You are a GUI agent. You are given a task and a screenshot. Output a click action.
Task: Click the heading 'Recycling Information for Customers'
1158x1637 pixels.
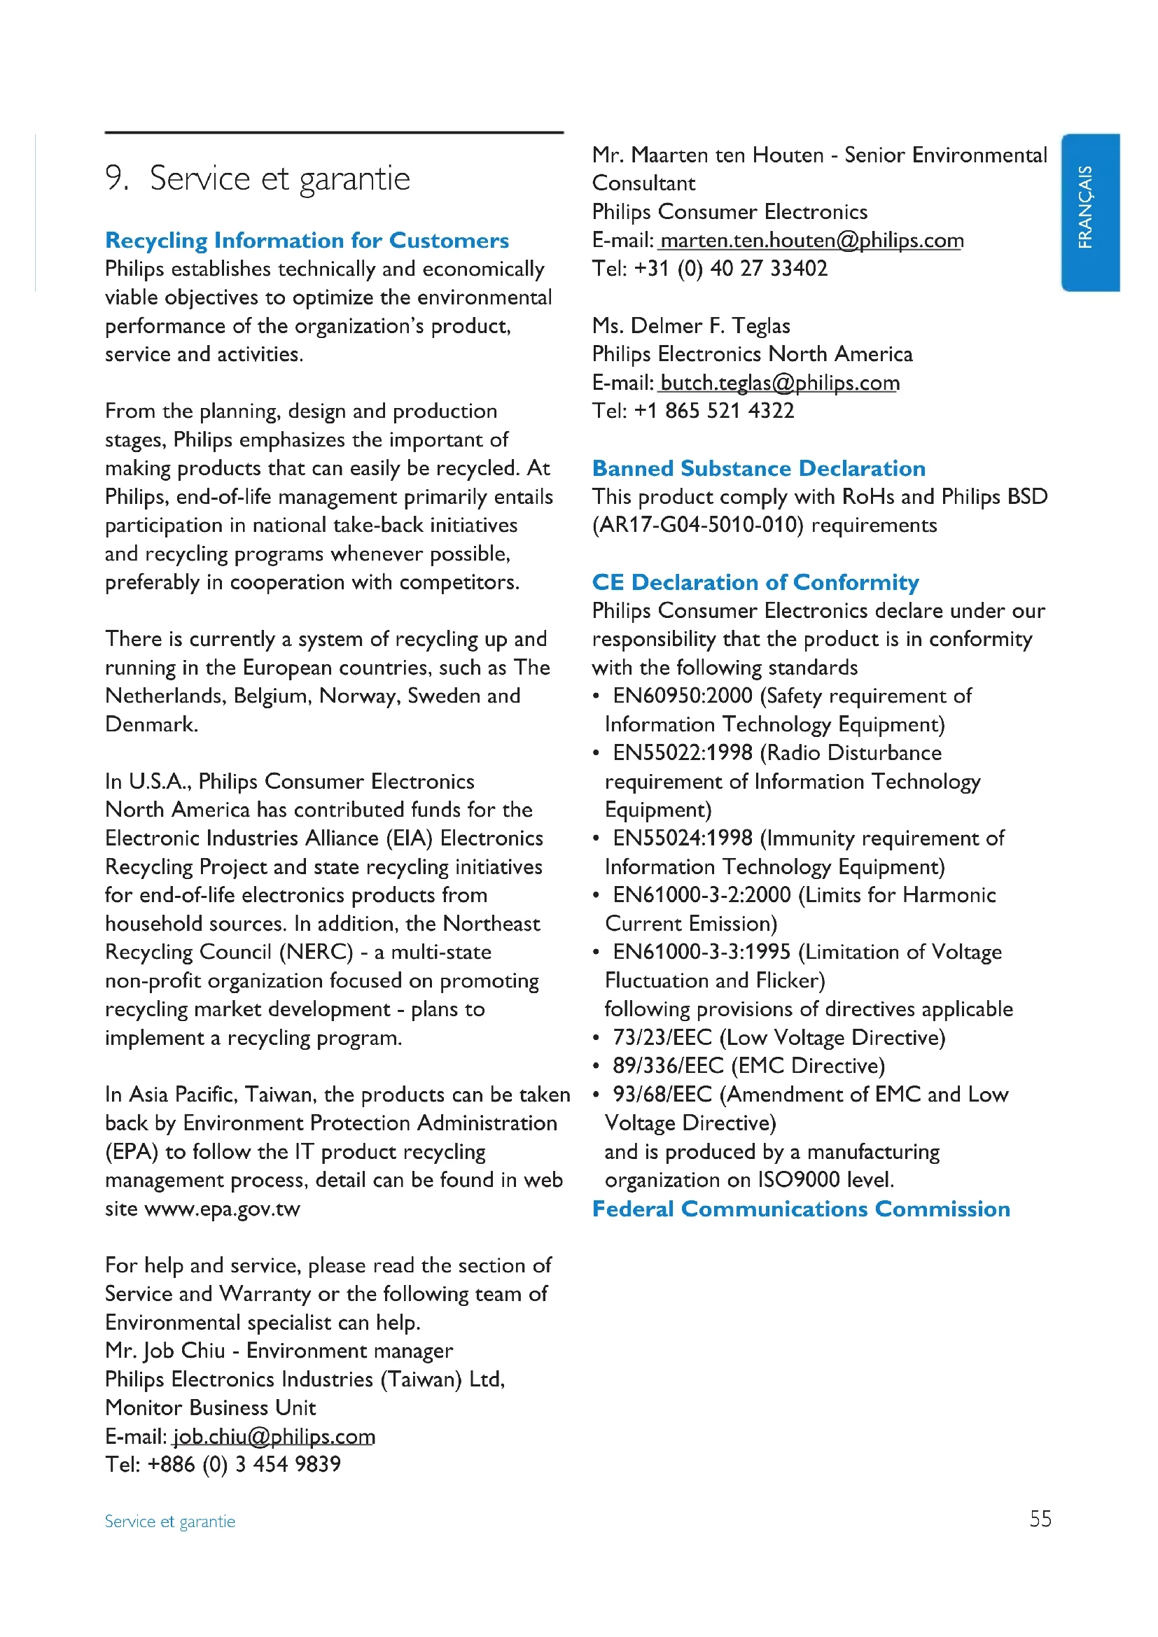(x=307, y=240)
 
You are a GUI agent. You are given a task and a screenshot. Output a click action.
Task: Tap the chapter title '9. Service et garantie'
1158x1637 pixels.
(x=258, y=178)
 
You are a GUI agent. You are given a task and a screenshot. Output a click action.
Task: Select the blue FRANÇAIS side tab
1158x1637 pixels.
(x=1089, y=212)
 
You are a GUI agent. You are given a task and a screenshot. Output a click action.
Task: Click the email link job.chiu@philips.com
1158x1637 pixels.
(x=274, y=1436)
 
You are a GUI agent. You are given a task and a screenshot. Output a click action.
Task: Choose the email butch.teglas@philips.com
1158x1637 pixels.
(x=780, y=383)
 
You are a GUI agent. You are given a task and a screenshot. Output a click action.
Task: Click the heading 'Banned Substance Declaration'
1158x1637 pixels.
(x=759, y=468)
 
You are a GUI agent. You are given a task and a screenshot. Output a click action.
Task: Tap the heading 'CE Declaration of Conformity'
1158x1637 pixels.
(x=755, y=582)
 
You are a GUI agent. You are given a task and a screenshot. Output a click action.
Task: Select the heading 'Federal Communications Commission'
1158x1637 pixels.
(x=801, y=1209)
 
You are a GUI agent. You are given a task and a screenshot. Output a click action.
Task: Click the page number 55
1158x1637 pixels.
(x=1040, y=1519)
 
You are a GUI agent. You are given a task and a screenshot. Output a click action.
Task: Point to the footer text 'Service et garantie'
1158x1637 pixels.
(x=169, y=1522)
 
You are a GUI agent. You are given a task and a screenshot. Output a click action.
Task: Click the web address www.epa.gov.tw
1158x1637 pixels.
(x=222, y=1209)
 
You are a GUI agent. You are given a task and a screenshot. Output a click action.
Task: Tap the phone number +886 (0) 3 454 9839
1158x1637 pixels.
(x=244, y=1464)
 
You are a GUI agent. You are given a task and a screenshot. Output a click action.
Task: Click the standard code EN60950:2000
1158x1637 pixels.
(x=683, y=696)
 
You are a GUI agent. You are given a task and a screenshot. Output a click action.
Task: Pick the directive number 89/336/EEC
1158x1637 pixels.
(x=667, y=1066)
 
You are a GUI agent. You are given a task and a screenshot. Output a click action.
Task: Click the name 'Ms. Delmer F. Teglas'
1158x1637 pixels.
(x=691, y=326)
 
